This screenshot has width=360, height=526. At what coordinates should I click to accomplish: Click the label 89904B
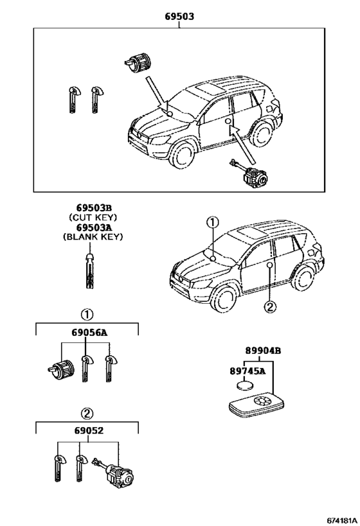(262, 351)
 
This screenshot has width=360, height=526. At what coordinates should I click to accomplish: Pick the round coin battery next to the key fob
(245, 387)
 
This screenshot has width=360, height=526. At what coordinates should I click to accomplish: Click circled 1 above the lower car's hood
(212, 222)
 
